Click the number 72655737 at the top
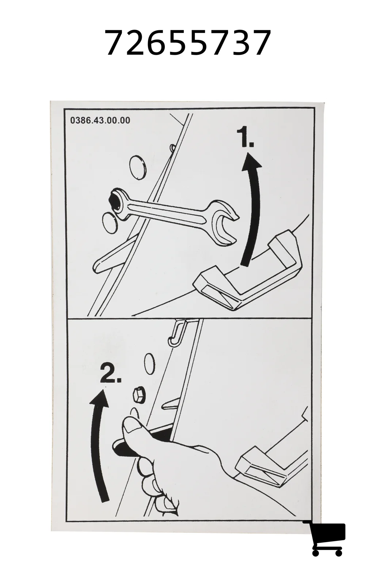click(188, 43)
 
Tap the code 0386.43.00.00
click(100, 120)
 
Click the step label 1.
click(244, 137)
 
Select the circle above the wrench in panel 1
click(138, 168)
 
